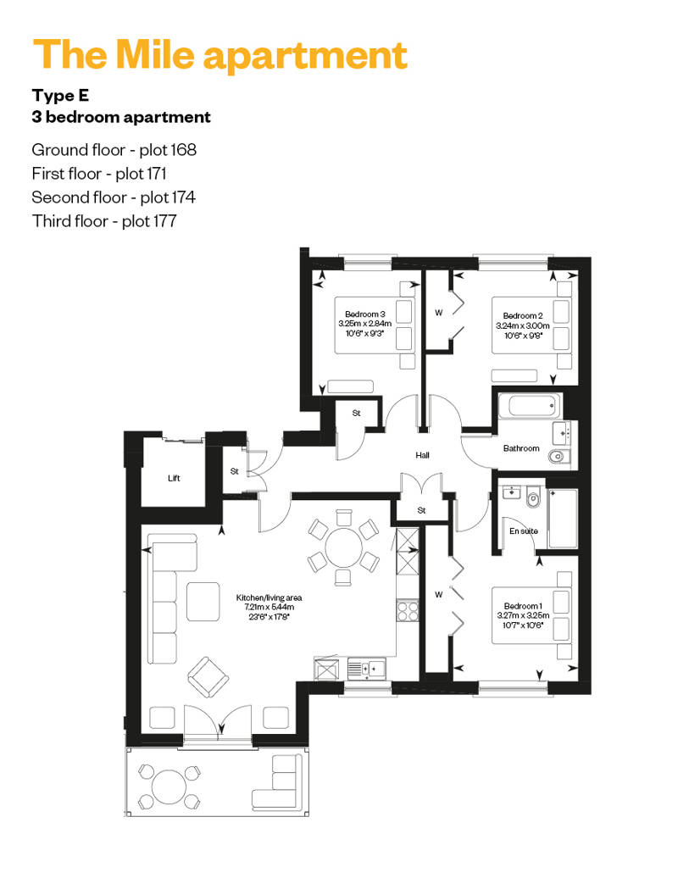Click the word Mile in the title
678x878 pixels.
pos(155,54)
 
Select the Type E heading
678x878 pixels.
pos(60,95)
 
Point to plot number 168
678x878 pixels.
pos(183,149)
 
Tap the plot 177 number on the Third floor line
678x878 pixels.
pos(164,221)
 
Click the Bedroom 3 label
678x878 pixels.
pos(365,314)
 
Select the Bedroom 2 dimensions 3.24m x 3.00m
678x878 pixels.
pos(523,325)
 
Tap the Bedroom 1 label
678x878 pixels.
pos(523,606)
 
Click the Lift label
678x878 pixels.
pos(174,478)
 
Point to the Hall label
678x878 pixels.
pos(423,455)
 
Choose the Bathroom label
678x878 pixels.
pos(521,448)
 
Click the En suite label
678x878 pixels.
pos(524,531)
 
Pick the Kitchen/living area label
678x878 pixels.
pos(269,597)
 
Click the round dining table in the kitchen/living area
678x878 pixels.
pos(344,548)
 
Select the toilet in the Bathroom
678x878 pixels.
pos(559,457)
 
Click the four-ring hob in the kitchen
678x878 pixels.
pos(408,610)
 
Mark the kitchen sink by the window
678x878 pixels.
pos(367,669)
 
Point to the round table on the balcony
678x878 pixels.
pos(169,786)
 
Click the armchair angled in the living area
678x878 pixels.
pos(208,677)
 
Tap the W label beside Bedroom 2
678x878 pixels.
pos(438,313)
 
